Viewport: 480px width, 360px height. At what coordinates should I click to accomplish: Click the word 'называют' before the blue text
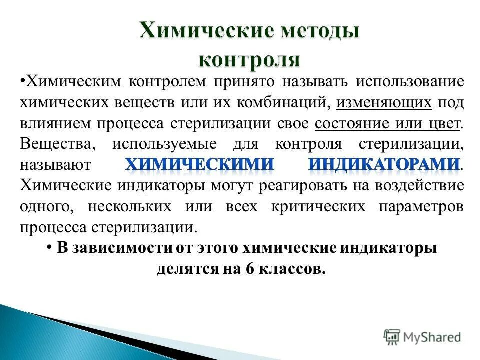(x=55, y=164)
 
